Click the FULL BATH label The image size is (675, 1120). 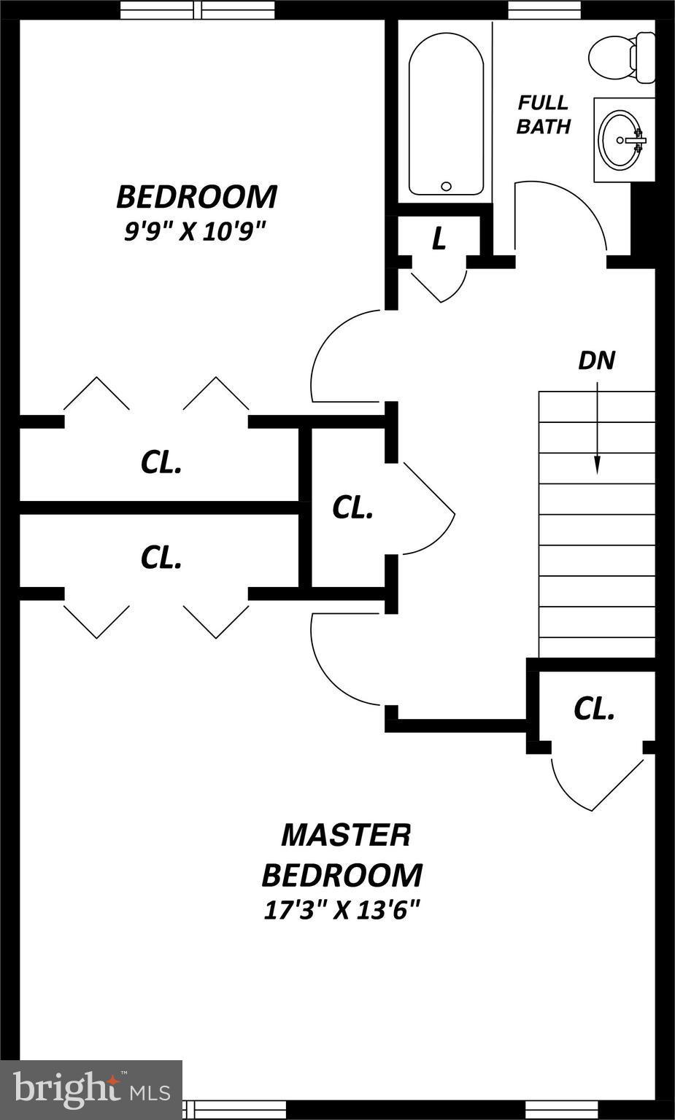point(543,114)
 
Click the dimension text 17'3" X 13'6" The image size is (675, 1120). point(342,910)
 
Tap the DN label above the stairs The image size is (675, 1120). point(596,360)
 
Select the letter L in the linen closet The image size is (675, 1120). point(439,238)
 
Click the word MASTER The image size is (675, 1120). point(346,835)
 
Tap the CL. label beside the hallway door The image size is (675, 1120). point(352,508)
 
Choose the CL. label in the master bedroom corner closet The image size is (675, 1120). point(594,709)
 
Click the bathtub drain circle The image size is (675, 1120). point(447,187)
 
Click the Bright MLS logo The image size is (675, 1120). point(91,1089)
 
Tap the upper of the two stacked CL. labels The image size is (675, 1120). point(161,462)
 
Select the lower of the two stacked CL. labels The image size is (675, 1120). point(161,558)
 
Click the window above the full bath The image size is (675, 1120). point(544,10)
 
